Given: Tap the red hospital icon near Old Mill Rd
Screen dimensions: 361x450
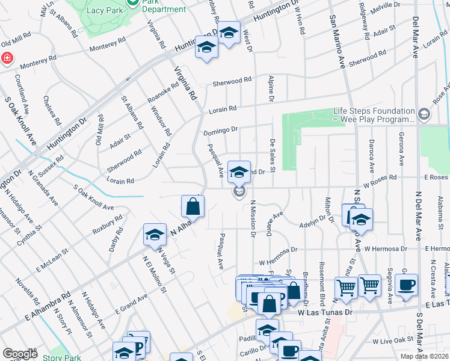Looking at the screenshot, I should tap(7, 58).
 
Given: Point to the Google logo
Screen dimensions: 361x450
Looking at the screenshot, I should tap(20, 354).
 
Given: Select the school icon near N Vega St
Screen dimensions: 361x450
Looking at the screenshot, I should tap(155, 235).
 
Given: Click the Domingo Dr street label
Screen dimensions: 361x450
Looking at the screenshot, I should tap(221, 129).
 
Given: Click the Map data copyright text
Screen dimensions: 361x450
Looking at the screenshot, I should tap(424, 356).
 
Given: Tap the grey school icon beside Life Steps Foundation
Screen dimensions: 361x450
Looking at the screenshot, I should tap(424, 114).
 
